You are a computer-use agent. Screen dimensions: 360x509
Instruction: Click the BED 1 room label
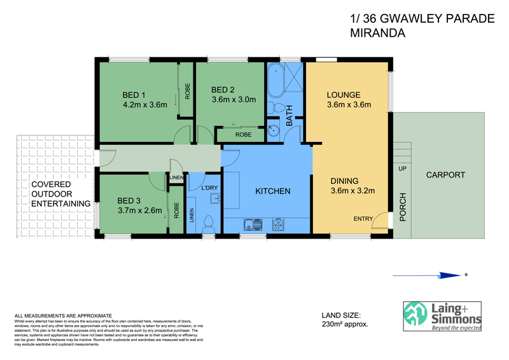134,96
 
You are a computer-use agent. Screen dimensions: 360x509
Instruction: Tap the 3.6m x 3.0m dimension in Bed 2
234,100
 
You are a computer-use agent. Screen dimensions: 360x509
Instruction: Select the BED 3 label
130,201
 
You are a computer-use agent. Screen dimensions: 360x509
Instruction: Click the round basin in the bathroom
274,131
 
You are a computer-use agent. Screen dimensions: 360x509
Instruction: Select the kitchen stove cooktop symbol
279,225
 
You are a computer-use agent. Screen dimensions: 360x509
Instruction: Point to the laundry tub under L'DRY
215,200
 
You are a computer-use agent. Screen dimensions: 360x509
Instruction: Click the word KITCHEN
273,191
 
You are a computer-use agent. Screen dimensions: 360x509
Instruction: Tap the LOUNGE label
344,95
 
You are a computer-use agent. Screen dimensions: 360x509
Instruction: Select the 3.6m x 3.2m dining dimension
352,191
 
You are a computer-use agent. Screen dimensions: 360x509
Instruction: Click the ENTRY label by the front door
363,219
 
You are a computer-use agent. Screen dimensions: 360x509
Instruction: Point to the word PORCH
403,207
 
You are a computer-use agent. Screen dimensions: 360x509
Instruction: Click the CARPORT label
445,175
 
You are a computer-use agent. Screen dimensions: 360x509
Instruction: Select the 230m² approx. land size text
345,324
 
